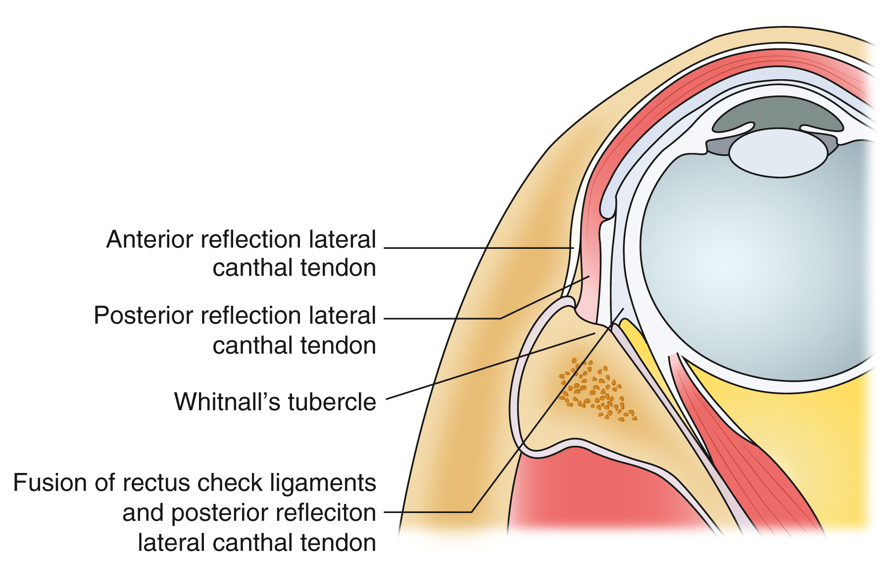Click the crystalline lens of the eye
pyautogui.click(x=778, y=153)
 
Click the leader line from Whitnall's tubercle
pyautogui.click(x=490, y=366)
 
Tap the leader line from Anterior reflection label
pyautogui.click(x=475, y=248)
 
